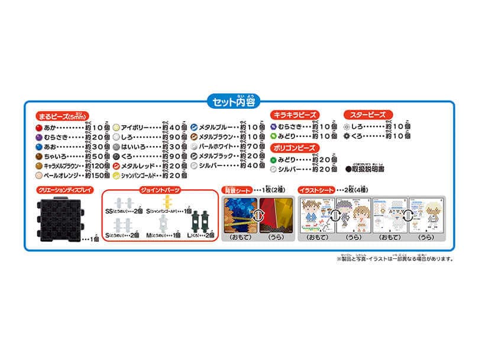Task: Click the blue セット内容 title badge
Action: point(239,101)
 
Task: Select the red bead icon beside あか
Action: point(39,127)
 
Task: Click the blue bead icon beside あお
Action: point(39,147)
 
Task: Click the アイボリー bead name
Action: point(135,127)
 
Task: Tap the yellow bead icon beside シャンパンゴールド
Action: point(116,176)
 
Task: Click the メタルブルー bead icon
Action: point(193,127)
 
